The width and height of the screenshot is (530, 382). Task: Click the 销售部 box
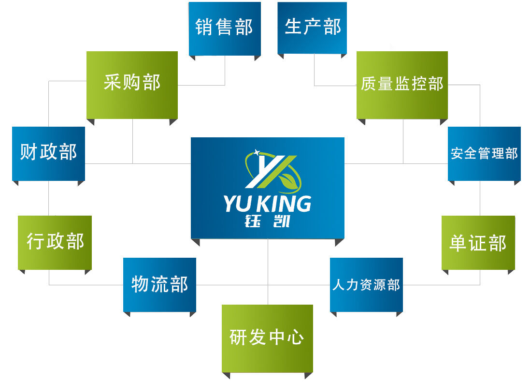click(225, 28)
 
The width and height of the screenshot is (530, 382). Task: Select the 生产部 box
click(312, 28)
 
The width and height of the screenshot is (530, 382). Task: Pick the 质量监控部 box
click(402, 84)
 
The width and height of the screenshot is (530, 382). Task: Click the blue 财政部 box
click(48, 153)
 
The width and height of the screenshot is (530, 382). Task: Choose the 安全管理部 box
click(484, 153)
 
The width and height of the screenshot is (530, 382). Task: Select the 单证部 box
click(478, 243)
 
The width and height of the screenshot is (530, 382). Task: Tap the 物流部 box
click(159, 284)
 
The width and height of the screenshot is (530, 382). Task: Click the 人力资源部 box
click(366, 285)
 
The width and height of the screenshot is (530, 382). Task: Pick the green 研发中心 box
click(267, 338)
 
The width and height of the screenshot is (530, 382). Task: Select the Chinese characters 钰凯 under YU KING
click(268, 221)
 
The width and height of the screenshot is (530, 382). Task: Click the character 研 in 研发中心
click(239, 338)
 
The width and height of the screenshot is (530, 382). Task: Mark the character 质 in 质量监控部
click(369, 84)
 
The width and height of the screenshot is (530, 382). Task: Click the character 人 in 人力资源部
click(338, 285)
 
